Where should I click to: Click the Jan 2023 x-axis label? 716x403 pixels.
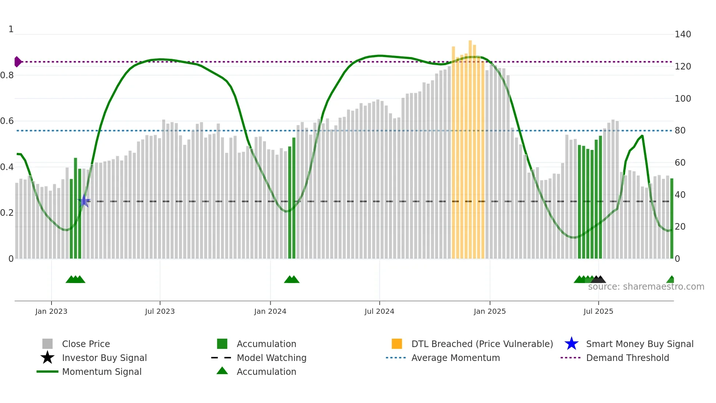pyautogui.click(x=51, y=311)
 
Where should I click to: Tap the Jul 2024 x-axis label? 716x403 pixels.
pyautogui.click(x=379, y=311)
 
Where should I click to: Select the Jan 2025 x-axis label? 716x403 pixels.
pyautogui.click(x=490, y=311)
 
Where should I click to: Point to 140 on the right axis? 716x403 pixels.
pyautogui.click(x=683, y=34)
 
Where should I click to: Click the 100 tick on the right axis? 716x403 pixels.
pyautogui.click(x=683, y=99)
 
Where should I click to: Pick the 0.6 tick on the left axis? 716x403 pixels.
pyautogui.click(x=7, y=121)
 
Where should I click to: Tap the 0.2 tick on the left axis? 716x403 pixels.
pyautogui.click(x=7, y=213)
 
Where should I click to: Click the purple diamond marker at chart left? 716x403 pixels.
pyautogui.click(x=18, y=62)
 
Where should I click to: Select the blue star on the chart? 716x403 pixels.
pyautogui.click(x=84, y=201)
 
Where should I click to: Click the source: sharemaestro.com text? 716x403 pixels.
pyautogui.click(x=646, y=287)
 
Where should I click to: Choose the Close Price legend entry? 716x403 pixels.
pyautogui.click(x=86, y=344)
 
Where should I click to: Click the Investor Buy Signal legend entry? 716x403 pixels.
pyautogui.click(x=104, y=358)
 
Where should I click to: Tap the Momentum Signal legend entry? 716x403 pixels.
pyautogui.click(x=102, y=372)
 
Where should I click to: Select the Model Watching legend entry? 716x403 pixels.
pyautogui.click(x=271, y=358)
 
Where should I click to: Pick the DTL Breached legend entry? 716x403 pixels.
pyautogui.click(x=482, y=344)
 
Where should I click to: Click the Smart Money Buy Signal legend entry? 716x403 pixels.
pyautogui.click(x=639, y=344)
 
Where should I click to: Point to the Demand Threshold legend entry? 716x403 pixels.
pyautogui.click(x=627, y=358)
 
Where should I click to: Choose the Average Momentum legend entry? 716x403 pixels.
pyautogui.click(x=456, y=358)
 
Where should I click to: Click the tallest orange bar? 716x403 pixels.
pyautogui.click(x=470, y=146)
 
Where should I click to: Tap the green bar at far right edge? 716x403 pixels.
pyautogui.click(x=672, y=219)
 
